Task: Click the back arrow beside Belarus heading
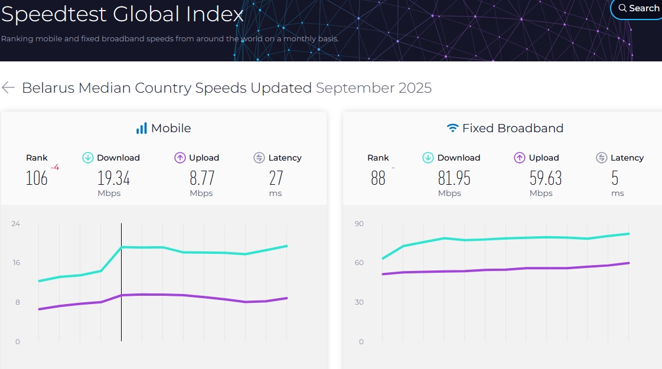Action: coord(8,87)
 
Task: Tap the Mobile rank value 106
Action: coord(37,178)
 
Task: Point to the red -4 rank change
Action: coord(55,168)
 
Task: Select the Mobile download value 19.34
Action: coord(113,178)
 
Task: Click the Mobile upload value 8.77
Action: coord(202,178)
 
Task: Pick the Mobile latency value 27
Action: coord(276,178)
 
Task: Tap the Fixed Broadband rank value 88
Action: coord(379,178)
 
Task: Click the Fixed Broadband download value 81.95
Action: coord(454,178)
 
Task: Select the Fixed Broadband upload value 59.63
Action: coord(546,178)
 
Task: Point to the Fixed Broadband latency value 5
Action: coord(615,178)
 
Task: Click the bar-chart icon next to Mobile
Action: coord(141,128)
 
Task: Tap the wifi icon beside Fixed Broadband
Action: coord(452,128)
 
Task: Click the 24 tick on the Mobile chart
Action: coord(15,224)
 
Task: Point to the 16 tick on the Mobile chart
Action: coord(16,263)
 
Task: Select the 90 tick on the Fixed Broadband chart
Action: coord(359,224)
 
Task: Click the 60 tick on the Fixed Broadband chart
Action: coord(359,263)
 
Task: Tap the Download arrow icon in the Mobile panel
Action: coord(88,158)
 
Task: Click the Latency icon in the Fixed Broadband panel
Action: coord(602,158)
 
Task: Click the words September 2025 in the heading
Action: coord(374,88)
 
